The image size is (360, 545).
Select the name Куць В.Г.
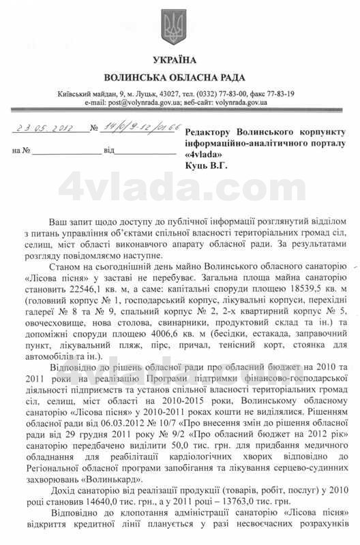(x=207, y=164)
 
